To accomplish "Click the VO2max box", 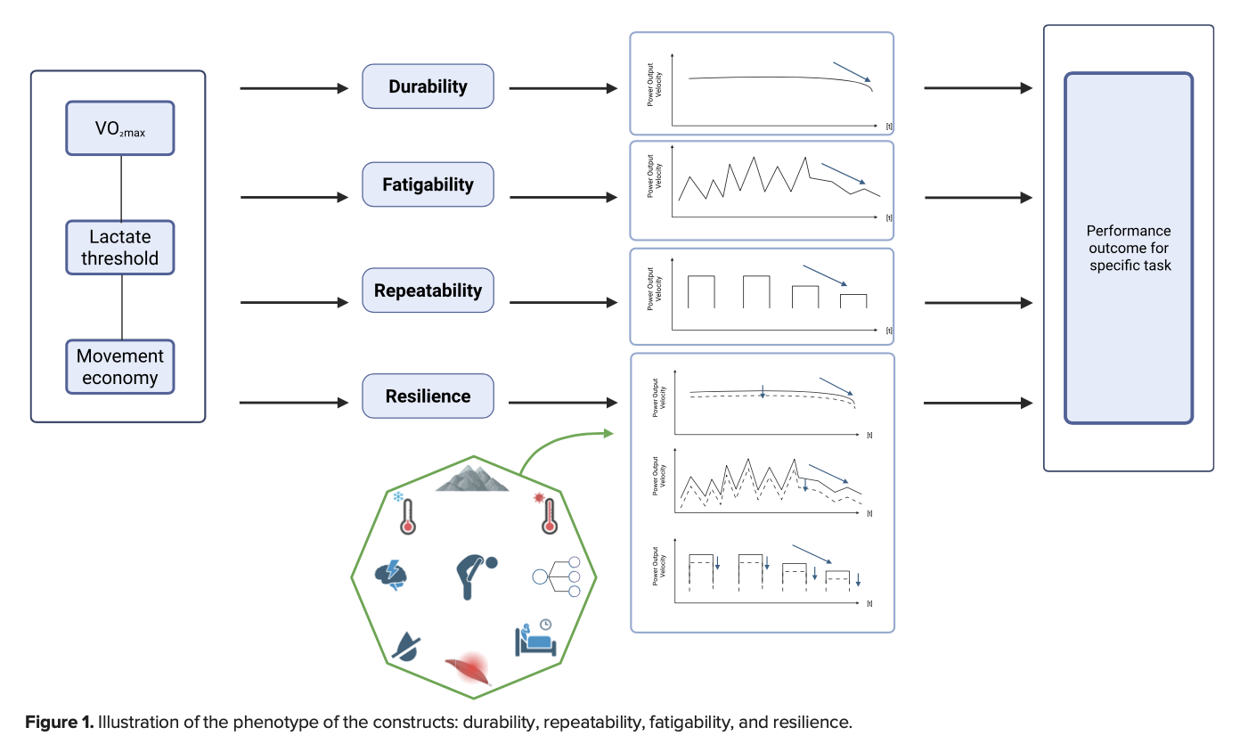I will (x=119, y=127).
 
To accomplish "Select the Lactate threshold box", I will (x=119, y=248).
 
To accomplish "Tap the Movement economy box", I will (x=119, y=367).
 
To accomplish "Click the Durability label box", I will (x=428, y=86).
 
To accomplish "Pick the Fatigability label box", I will (x=428, y=184).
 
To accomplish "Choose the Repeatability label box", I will (x=428, y=290).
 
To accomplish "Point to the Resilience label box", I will (x=428, y=396).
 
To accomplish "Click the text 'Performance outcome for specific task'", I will (x=1128, y=249).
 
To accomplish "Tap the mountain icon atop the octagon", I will (x=472, y=478).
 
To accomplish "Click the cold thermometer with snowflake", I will (x=406, y=513).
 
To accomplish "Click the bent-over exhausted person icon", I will (x=474, y=576).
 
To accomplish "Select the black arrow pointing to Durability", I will (x=294, y=88).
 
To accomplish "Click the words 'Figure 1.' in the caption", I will (x=58, y=722).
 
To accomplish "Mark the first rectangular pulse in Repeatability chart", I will (x=701, y=291).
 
